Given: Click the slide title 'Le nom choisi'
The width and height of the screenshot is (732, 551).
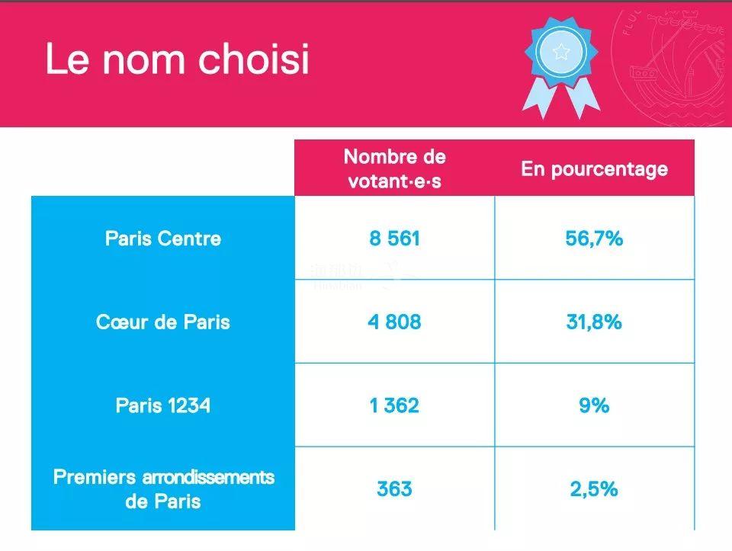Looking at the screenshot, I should click(x=177, y=59).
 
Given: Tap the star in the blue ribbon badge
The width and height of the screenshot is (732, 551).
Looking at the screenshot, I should click(x=561, y=52).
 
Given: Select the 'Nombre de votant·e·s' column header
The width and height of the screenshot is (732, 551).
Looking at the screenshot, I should click(x=394, y=169).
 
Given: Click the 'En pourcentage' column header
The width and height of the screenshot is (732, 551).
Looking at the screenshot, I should click(x=594, y=169).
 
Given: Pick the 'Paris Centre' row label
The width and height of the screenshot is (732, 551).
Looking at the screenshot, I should click(x=163, y=239).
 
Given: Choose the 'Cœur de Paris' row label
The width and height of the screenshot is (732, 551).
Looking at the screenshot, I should click(x=163, y=322).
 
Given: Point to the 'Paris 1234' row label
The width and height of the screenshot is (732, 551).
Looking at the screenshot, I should click(x=163, y=405).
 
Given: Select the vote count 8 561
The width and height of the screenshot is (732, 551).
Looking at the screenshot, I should click(x=394, y=239).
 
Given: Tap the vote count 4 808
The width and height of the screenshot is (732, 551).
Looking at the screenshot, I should click(x=394, y=322).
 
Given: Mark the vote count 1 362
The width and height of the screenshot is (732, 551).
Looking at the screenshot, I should click(x=394, y=405).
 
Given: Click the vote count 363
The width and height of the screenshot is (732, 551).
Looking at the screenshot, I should click(x=394, y=489).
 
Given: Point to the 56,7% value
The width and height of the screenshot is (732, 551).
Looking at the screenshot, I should click(x=594, y=239).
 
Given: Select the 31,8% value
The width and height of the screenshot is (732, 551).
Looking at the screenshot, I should click(x=594, y=322).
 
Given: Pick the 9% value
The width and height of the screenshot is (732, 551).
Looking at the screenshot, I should click(x=594, y=405).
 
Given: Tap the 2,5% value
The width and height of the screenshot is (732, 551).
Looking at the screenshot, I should click(x=594, y=489).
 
